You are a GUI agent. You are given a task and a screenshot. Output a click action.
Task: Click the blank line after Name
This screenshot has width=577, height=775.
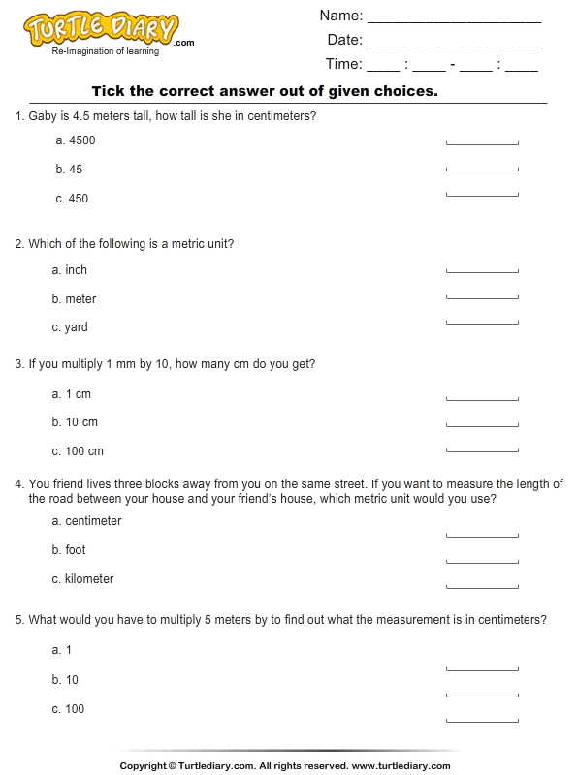click(454, 16)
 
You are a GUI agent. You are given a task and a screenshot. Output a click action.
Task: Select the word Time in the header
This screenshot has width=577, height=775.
click(343, 65)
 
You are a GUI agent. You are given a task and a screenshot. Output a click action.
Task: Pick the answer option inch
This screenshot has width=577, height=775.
click(77, 270)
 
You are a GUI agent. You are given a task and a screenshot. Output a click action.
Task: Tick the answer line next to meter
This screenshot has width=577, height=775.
click(482, 297)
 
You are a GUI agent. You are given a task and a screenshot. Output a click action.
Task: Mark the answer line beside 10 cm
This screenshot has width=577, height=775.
click(482, 424)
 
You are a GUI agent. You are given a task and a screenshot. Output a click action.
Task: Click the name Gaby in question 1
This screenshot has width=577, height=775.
click(43, 116)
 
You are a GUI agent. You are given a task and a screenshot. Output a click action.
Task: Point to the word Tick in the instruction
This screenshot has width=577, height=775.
click(107, 91)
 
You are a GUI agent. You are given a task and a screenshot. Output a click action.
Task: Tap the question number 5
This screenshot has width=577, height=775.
click(18, 620)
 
